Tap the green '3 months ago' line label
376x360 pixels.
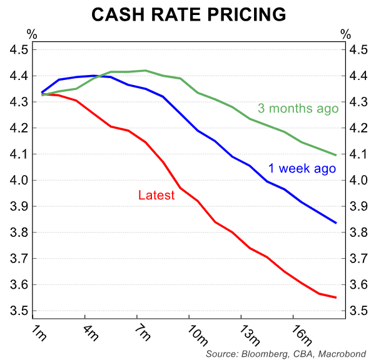pyautogui.click(x=298, y=108)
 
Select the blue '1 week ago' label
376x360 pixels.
pyautogui.click(x=302, y=168)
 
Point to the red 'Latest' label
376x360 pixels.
pyautogui.click(x=156, y=196)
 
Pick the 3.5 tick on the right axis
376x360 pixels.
pyautogui.click(x=359, y=311)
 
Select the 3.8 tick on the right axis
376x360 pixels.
pyautogui.click(x=359, y=233)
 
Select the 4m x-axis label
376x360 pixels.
pyautogui.click(x=91, y=332)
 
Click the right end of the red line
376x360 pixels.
pyautogui.click(x=336, y=297)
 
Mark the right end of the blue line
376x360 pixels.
pyautogui.click(x=336, y=222)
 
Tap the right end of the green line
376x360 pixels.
pyautogui.click(x=336, y=155)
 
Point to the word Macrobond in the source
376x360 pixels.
pyautogui.click(x=341, y=353)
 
